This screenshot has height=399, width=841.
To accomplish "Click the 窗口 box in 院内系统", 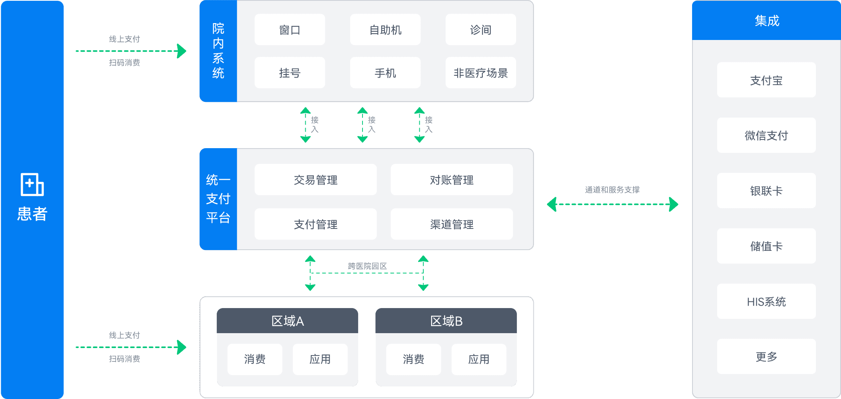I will [x=290, y=30].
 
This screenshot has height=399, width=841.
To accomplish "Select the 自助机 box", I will [x=385, y=30].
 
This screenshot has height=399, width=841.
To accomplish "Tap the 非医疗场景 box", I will [x=480, y=73].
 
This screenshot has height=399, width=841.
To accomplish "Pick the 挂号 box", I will [x=290, y=73].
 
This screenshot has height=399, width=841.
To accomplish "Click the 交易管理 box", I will [x=315, y=180].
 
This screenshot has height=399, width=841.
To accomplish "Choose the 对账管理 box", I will [x=451, y=180].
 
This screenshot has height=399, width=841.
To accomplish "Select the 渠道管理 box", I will [x=451, y=224].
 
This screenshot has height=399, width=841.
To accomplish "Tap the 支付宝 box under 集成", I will [x=766, y=80].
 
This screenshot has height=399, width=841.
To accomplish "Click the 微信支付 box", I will [x=766, y=136].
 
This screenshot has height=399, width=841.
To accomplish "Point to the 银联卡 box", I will [x=766, y=191].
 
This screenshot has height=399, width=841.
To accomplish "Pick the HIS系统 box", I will [x=766, y=301].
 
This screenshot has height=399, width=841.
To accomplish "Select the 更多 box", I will [x=766, y=357].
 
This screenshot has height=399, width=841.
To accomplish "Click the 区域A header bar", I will [x=287, y=321].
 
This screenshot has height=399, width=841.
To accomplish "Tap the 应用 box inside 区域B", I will [x=478, y=359].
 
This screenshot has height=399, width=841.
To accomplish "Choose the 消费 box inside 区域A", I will [x=255, y=359].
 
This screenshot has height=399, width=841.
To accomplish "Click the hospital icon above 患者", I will [x=32, y=184].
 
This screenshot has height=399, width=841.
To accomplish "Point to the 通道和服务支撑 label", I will [x=612, y=190].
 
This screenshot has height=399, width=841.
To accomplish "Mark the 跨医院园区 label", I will [x=367, y=266].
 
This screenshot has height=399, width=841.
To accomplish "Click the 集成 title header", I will [x=766, y=20].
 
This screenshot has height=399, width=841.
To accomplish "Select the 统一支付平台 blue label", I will [x=218, y=199].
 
